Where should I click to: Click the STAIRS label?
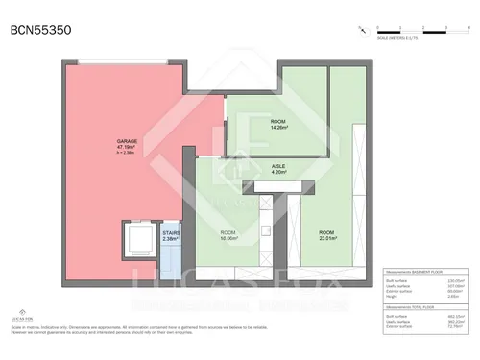point(171,232)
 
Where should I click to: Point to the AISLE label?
point(278,166)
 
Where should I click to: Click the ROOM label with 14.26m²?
point(278,121)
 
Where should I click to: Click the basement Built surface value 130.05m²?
point(451,280)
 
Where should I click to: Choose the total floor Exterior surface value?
point(451,325)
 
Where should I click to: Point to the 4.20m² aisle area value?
point(278,172)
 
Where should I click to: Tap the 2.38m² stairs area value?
point(171,238)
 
